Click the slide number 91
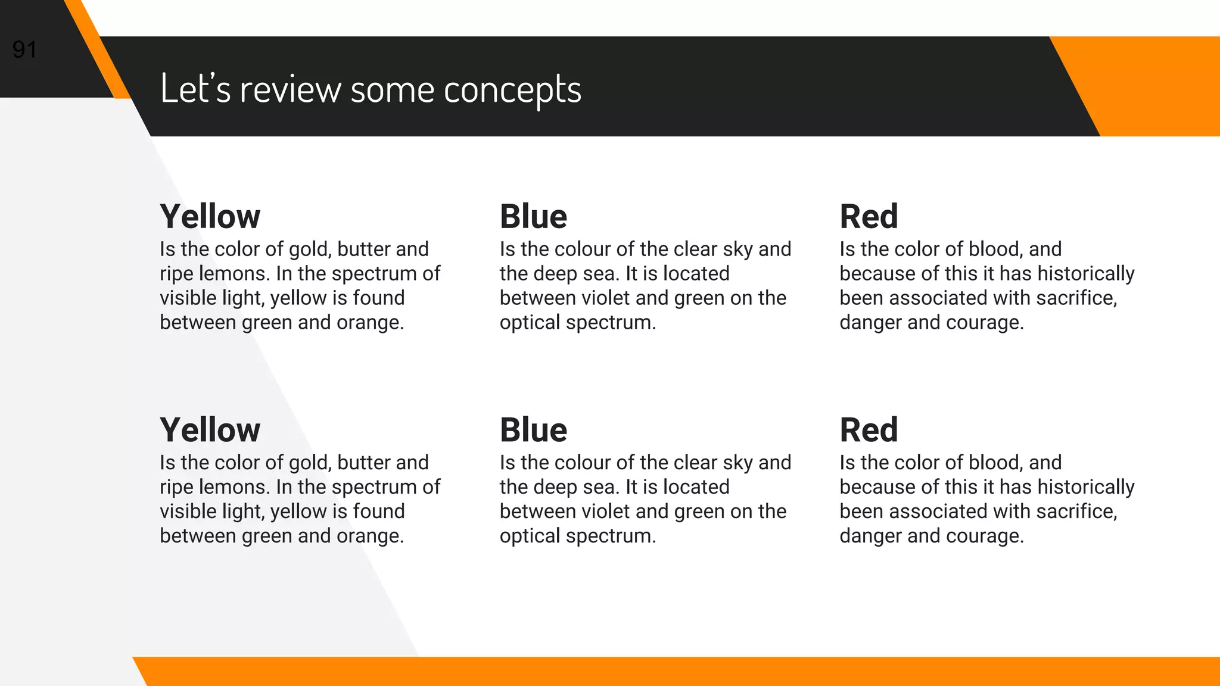(x=25, y=49)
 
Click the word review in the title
(x=290, y=89)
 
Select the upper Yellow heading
(x=210, y=216)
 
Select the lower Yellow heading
(x=210, y=430)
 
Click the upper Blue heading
(x=533, y=216)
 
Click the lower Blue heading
(x=533, y=430)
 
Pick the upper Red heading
(x=869, y=216)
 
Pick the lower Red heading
(x=869, y=430)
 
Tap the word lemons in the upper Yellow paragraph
(x=234, y=274)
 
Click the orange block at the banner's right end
(x=1162, y=86)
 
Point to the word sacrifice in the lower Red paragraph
(x=1076, y=512)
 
